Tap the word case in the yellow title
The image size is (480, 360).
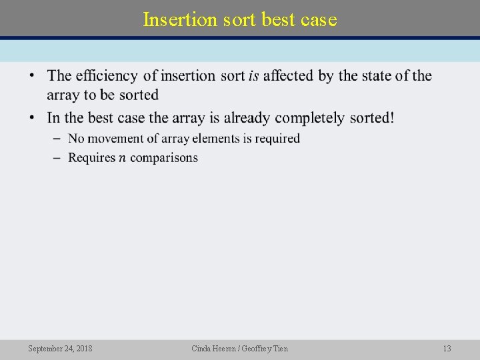319,19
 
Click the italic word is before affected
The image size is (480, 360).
253,76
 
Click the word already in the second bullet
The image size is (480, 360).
247,118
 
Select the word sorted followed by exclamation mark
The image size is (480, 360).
370,118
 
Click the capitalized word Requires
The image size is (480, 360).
91,158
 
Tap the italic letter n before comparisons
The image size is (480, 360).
123,158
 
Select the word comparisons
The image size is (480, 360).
164,158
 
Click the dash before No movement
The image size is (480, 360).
54,139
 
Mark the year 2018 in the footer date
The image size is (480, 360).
84,349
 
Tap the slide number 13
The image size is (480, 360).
447,349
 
